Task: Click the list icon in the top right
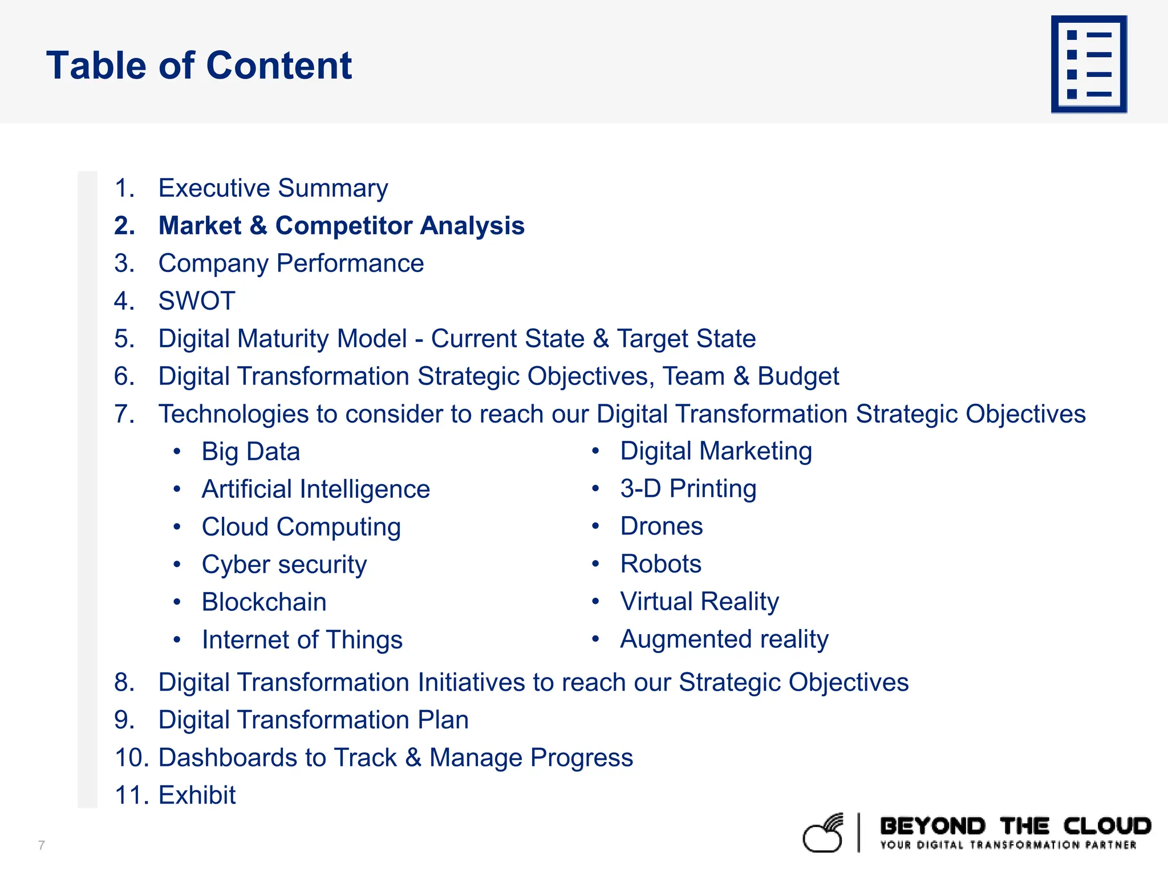tap(1089, 64)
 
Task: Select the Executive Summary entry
tap(273, 188)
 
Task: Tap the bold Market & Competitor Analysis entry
tap(341, 226)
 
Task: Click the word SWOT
tap(197, 301)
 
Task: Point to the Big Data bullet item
tap(250, 452)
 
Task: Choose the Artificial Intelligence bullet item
tap(315, 489)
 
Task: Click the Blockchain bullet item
tap(264, 602)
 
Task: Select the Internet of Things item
tap(302, 640)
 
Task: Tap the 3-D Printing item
tap(688, 489)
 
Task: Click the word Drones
tap(661, 526)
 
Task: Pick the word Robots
tap(660, 564)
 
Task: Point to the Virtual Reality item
tap(699, 602)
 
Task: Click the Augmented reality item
tap(724, 639)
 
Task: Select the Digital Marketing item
tap(716, 451)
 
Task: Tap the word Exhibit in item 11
tap(197, 795)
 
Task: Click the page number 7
tap(41, 845)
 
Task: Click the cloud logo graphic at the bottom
tap(824, 833)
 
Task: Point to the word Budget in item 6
tap(798, 376)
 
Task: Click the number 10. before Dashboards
tap(131, 757)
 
